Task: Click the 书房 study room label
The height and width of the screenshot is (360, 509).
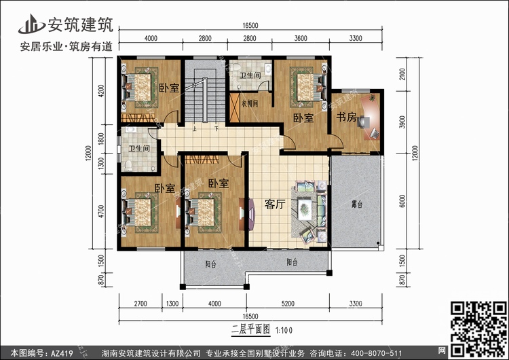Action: [346, 117]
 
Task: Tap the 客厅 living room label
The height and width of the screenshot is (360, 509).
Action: [274, 204]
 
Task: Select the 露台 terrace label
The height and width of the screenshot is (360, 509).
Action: [356, 203]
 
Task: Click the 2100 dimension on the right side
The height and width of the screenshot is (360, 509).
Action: [402, 73]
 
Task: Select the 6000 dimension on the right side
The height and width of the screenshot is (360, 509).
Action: [402, 202]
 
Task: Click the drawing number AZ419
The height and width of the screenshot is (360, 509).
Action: [60, 353]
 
